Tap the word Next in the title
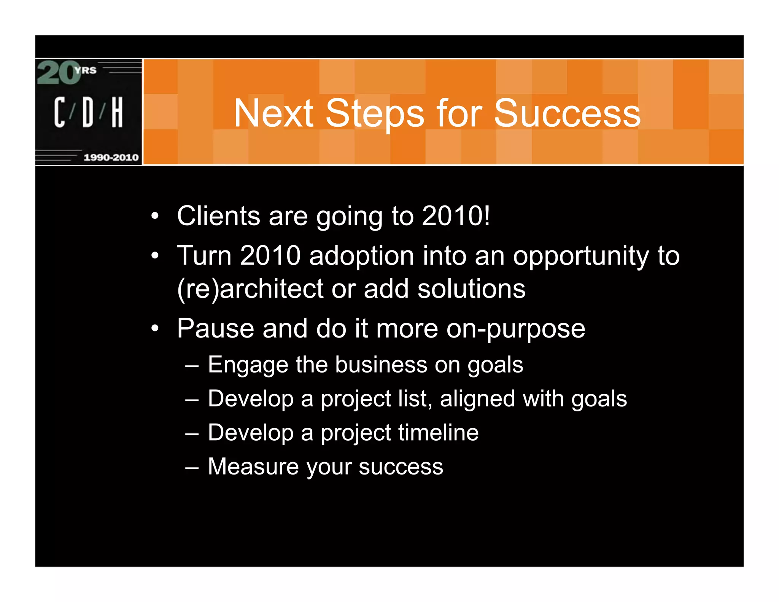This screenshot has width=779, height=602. tap(273, 113)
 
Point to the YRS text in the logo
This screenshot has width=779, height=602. tap(86, 70)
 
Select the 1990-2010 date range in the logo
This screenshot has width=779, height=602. tap(111, 157)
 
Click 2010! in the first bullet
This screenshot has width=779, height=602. tap(456, 216)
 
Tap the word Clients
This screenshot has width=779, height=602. tap(218, 216)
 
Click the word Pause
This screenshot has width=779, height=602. tap(215, 328)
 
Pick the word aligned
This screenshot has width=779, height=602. tap(477, 399)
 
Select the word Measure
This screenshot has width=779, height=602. tap(253, 467)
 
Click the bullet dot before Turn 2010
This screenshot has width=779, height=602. tap(154, 255)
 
